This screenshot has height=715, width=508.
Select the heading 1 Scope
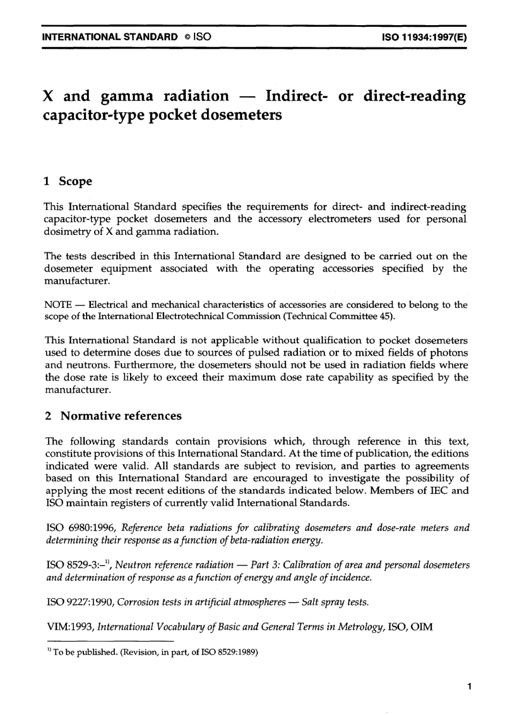pos(68,181)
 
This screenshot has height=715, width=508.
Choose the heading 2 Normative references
pos(113,416)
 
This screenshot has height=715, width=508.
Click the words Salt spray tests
pos(335,602)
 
